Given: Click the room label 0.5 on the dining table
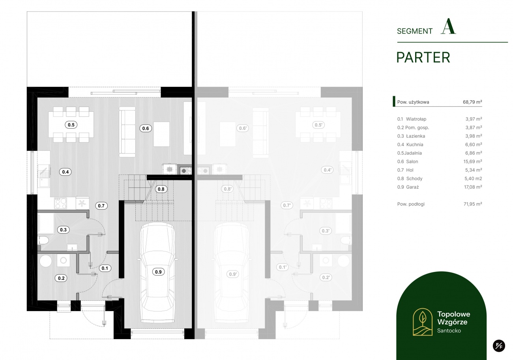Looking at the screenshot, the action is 71,125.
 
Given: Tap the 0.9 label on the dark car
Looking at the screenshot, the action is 158,272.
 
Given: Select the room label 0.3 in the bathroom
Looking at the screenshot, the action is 63,230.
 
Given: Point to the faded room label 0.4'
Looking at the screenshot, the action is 327,170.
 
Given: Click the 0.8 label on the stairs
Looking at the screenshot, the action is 161,189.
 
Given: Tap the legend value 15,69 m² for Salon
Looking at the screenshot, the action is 473,161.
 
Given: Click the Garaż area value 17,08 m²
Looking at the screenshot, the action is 473,187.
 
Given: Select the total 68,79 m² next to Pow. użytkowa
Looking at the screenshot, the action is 472,102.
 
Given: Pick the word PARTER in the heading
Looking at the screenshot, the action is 423,57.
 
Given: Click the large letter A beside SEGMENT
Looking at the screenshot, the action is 448,26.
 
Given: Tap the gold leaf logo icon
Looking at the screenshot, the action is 423,322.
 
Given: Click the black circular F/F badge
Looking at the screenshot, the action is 499,345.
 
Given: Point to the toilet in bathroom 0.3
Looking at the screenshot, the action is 43,241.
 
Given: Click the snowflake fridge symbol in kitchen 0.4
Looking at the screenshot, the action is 82,203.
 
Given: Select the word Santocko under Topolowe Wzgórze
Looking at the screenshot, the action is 449,331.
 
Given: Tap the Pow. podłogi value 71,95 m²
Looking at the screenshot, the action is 473,204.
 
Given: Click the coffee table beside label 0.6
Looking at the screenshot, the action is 161,134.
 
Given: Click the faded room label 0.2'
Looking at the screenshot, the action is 326,277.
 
